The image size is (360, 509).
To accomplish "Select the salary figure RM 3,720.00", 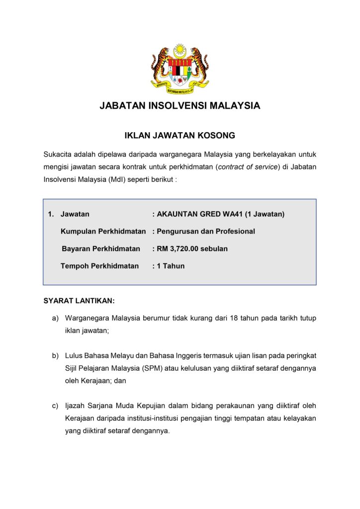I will [x=178, y=249].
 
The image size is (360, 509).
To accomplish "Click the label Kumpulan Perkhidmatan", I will [x=103, y=231].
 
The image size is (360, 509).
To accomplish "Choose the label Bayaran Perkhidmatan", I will [x=101, y=249].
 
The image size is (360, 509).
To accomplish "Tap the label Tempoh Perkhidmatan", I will [x=99, y=266].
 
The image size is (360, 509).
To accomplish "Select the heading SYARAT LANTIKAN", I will [x=79, y=301].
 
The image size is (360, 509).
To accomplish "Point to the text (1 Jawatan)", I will [x=266, y=214].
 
